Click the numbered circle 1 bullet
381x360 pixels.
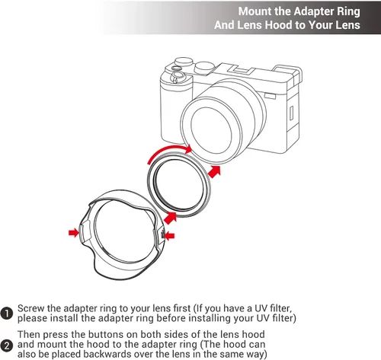(x=6, y=314)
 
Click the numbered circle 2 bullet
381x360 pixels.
(x=6, y=346)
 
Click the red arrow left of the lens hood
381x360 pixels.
(x=74, y=232)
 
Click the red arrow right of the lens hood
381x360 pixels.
(x=169, y=236)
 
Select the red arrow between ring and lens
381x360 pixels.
(x=215, y=172)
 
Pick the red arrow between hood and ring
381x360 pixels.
(x=170, y=218)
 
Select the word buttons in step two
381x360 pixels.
(x=107, y=334)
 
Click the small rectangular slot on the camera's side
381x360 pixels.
(x=292, y=113)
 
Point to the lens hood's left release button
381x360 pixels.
(x=85, y=231)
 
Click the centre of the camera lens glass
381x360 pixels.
(x=211, y=130)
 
